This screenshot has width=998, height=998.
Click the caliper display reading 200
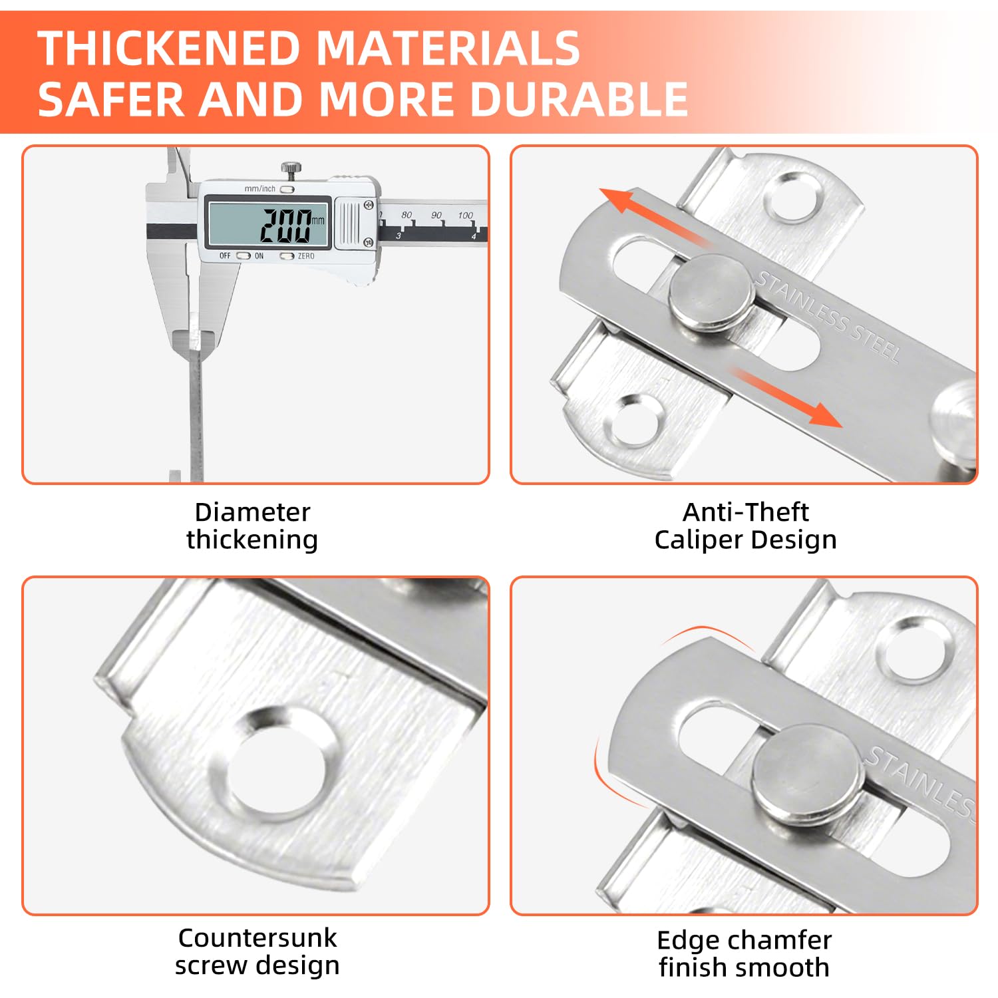[x=286, y=225]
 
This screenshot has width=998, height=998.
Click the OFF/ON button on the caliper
[x=244, y=255]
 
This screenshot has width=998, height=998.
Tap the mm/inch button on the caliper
[x=287, y=189]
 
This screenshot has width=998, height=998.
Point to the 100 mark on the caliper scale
[x=465, y=215]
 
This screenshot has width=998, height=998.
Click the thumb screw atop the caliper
[x=289, y=170]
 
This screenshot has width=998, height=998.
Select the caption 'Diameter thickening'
[x=252, y=526]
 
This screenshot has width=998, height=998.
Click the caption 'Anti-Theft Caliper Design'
[x=746, y=526]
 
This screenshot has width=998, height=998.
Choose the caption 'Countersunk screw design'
[x=257, y=951]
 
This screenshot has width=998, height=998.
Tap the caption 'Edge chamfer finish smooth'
[x=745, y=953]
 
